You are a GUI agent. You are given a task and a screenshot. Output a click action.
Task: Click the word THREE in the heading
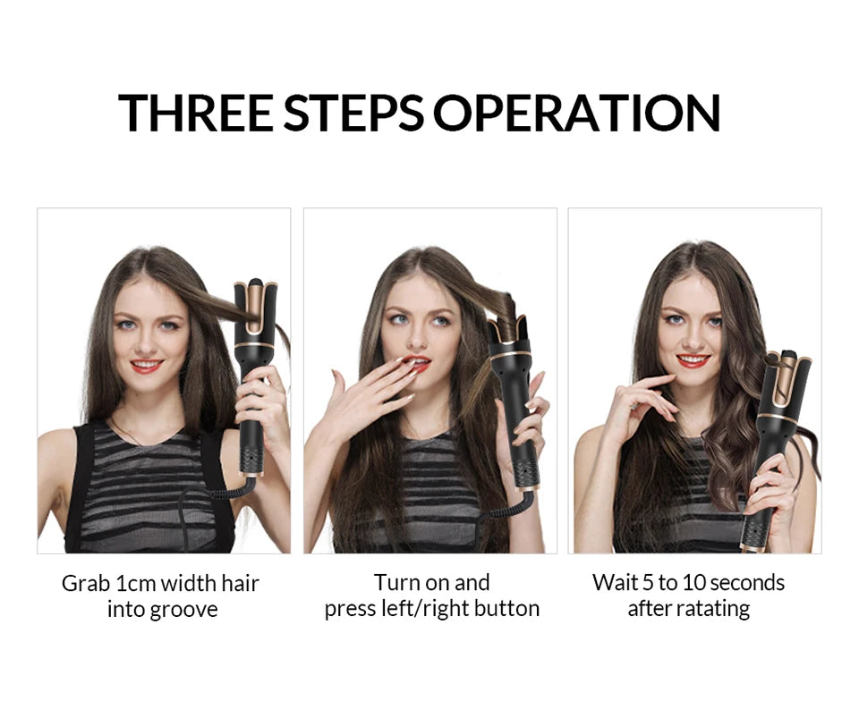click(x=196, y=112)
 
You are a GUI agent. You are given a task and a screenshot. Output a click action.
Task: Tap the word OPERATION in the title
click(x=577, y=112)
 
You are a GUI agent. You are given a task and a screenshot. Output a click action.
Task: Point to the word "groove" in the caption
click(x=185, y=610)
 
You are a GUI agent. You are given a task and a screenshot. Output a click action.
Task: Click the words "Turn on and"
click(x=432, y=583)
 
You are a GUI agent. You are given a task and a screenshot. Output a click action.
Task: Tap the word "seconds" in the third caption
click(x=742, y=583)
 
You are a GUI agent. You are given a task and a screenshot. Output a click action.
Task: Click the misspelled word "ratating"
click(x=712, y=609)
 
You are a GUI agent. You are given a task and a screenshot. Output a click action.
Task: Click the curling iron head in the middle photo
click(x=509, y=344)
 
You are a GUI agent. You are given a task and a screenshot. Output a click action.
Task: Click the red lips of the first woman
click(x=146, y=366)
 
